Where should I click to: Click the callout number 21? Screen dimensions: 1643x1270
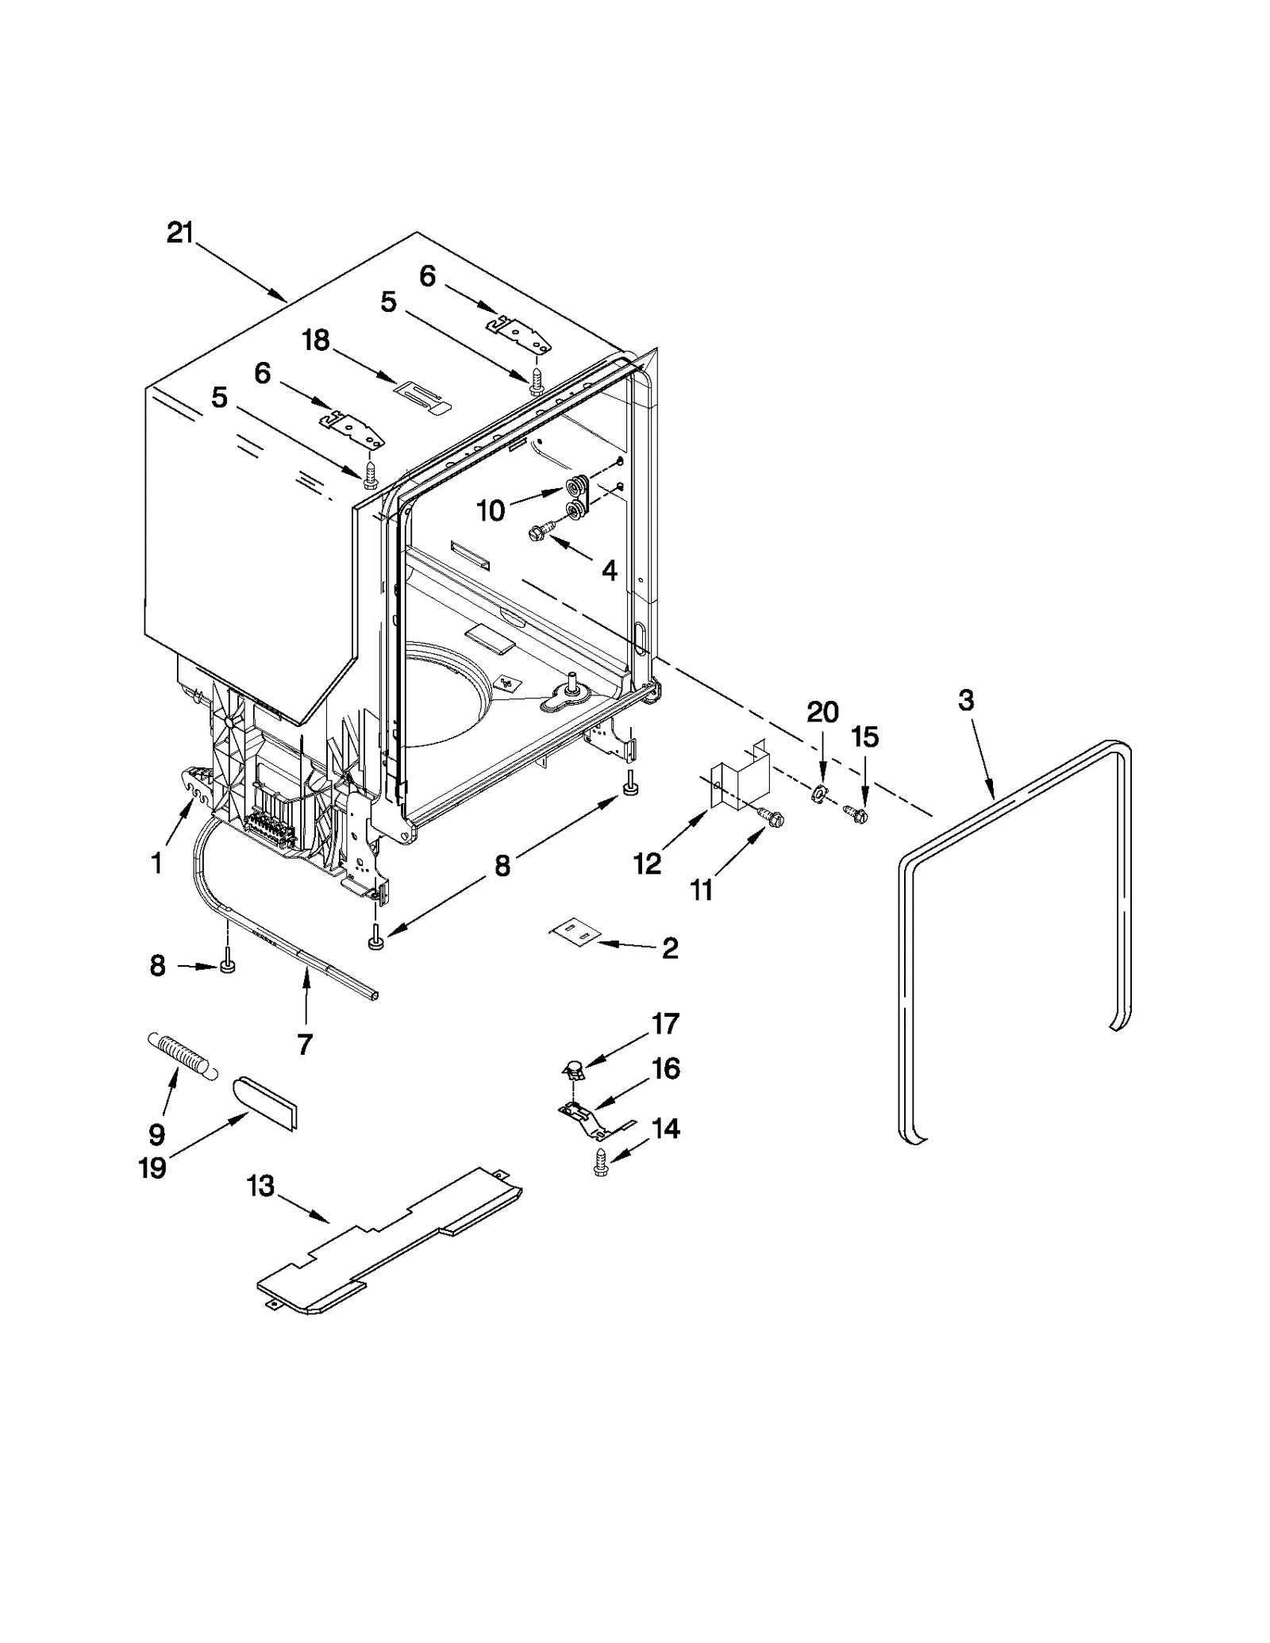(180, 233)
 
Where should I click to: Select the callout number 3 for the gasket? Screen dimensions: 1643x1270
(966, 700)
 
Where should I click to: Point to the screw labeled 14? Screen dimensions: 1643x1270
(601, 1163)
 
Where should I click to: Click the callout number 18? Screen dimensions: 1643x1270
(316, 341)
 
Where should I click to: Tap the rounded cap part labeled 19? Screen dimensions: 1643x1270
(265, 1102)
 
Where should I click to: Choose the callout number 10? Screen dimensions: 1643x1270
(491, 510)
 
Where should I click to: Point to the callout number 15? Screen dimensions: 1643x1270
(865, 737)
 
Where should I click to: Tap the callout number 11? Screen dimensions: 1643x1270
(702, 890)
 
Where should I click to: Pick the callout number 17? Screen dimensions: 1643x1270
(665, 1024)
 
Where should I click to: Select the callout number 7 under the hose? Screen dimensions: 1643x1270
(305, 1045)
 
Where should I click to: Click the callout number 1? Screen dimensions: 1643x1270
(156, 862)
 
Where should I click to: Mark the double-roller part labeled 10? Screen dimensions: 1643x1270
(581, 497)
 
